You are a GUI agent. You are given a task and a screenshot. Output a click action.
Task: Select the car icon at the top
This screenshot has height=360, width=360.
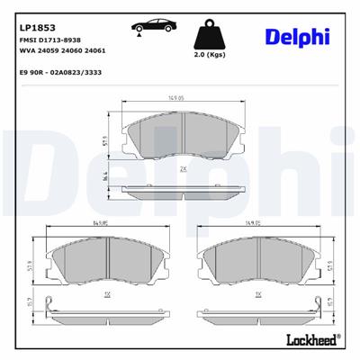point(154,28)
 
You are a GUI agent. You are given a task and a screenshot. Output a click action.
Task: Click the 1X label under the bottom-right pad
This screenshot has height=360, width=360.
point(258,294)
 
